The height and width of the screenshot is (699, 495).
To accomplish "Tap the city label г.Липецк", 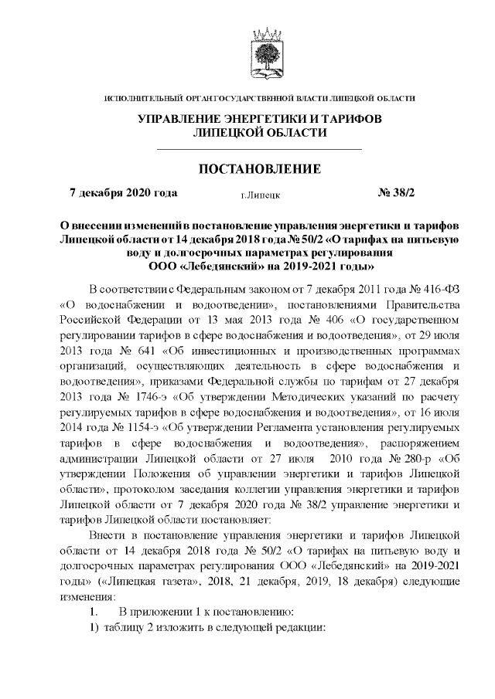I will coord(260,196).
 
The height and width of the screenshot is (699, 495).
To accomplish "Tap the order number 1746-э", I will coord(137,397).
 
